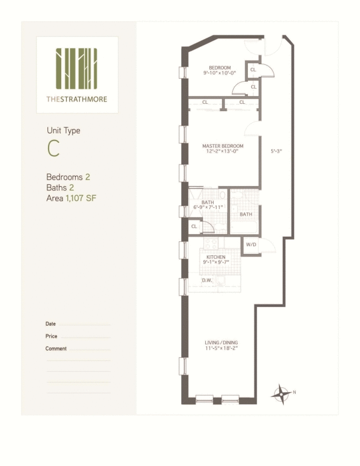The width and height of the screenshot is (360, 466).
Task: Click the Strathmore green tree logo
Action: (77, 68)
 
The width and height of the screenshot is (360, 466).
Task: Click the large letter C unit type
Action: (53, 148)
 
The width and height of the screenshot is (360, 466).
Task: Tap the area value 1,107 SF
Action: (81, 198)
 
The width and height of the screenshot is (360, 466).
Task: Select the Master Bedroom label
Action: (223, 146)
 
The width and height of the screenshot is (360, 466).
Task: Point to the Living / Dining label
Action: (221, 343)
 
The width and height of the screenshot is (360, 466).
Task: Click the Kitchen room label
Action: (216, 257)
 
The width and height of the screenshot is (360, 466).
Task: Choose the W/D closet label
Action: (251, 244)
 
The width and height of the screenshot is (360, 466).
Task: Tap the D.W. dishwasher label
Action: (207, 280)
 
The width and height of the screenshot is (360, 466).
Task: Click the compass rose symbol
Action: (281, 395)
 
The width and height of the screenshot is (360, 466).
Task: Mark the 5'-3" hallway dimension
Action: (276, 151)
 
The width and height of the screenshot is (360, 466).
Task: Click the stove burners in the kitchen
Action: (211, 244)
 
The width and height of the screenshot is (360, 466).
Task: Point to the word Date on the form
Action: (50, 324)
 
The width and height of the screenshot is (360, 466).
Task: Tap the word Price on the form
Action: (52, 336)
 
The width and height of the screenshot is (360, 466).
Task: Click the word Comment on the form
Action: (56, 349)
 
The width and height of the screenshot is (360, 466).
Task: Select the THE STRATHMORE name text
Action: (77, 99)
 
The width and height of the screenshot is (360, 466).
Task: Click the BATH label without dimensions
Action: (246, 214)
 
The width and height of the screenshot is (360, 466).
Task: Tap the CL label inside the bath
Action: (194, 226)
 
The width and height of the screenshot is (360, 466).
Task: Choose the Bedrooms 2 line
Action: (68, 177)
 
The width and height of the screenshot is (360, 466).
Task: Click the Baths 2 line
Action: (60, 187)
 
